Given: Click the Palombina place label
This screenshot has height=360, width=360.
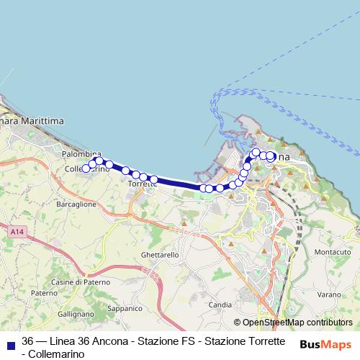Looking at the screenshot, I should [81, 155].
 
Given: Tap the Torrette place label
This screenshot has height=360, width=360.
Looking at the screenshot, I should [142, 184].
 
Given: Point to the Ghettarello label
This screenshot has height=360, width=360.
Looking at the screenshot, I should [161, 256].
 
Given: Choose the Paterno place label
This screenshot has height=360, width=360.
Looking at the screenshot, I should [43, 293].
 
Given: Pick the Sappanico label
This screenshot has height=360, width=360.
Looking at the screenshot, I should [125, 307].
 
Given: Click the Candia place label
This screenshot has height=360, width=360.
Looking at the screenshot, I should [220, 305].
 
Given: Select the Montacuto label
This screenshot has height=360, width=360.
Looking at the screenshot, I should [333, 252].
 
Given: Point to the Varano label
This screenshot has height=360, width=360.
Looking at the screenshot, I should [328, 294].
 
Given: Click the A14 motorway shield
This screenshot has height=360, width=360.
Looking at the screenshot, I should [19, 232].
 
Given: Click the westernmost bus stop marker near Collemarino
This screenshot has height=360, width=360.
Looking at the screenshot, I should [86, 168].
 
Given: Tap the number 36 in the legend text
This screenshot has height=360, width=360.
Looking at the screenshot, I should [28, 341].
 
